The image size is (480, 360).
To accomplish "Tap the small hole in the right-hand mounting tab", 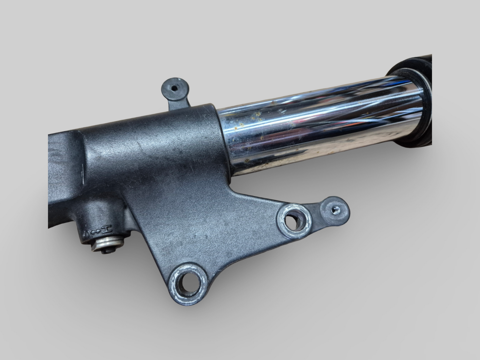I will tap(335, 209).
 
